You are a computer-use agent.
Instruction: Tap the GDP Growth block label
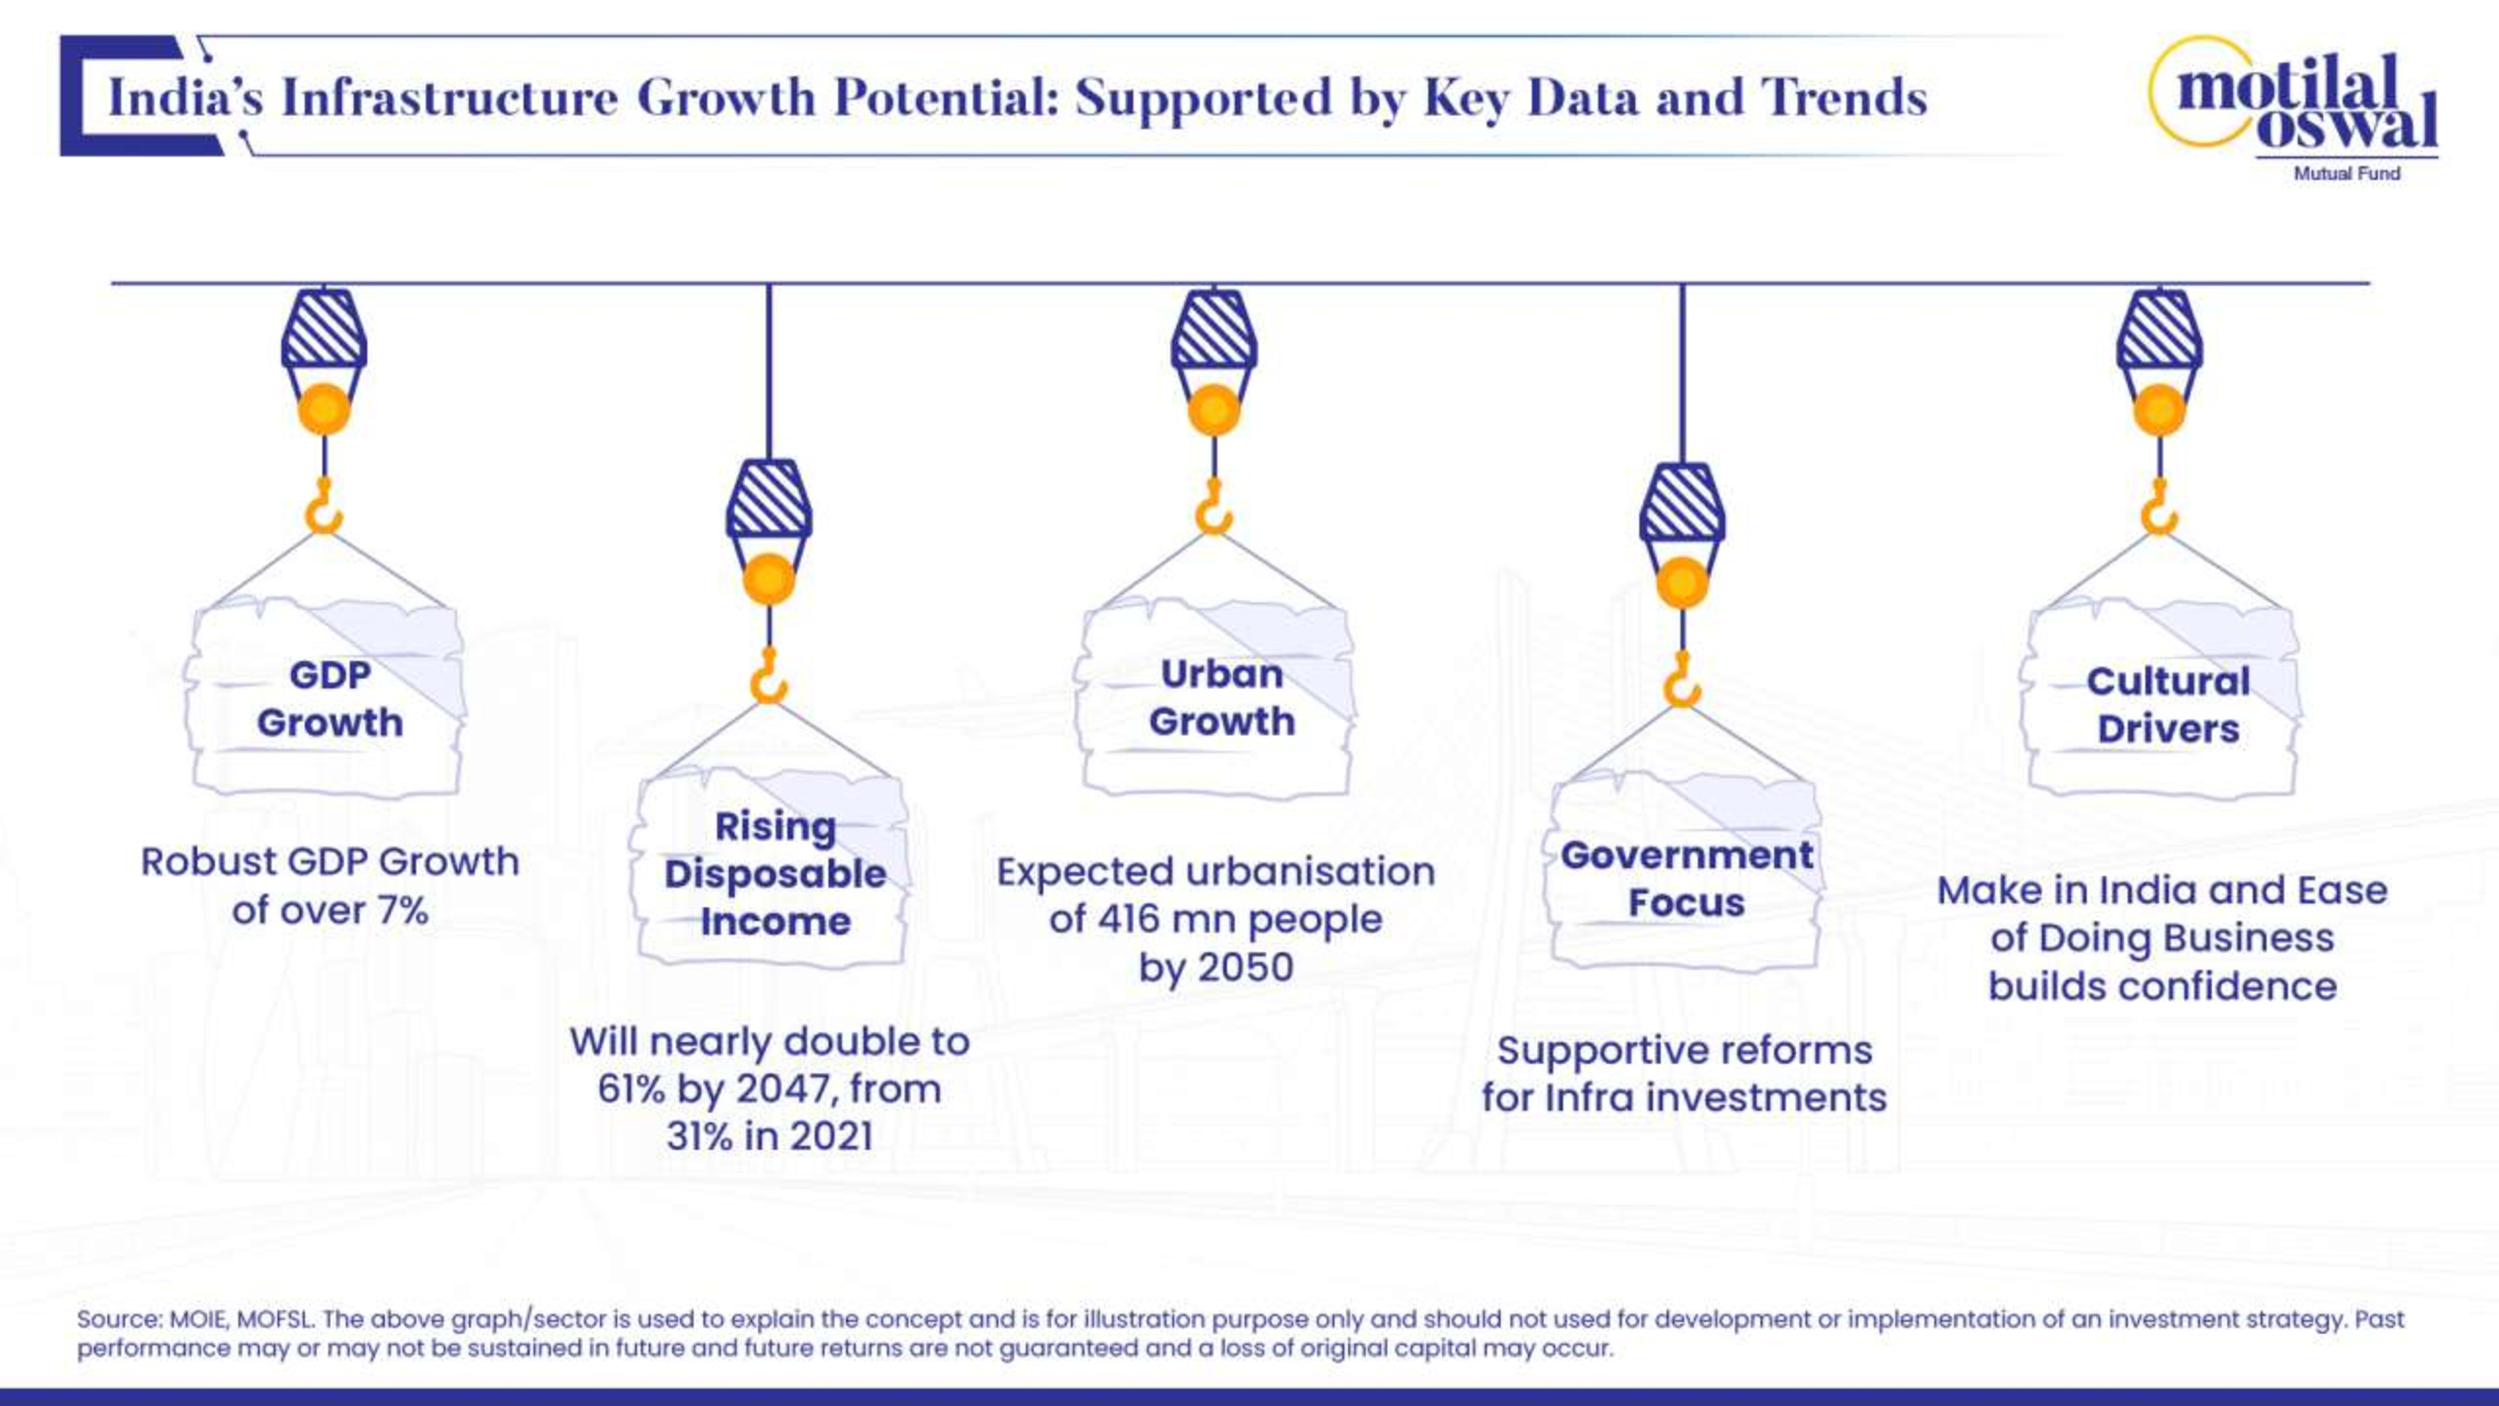330,699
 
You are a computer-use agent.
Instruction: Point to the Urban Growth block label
1221,697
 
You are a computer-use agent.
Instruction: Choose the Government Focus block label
1686,878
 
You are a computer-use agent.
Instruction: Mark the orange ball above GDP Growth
324,409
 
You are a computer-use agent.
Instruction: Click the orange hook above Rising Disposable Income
768,678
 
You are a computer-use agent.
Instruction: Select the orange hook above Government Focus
1682,682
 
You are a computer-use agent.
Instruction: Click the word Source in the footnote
118,1320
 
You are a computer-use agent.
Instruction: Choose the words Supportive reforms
1684,1050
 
